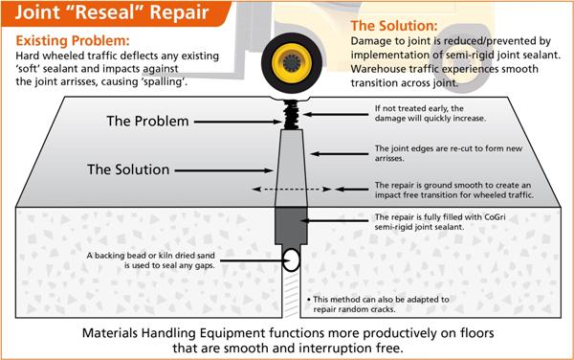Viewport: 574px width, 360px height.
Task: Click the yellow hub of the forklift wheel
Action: (x=292, y=62)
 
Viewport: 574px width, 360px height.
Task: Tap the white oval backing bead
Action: (x=292, y=260)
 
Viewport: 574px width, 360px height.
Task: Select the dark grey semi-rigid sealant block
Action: (x=291, y=226)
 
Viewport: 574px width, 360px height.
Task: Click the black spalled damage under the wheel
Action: (x=292, y=114)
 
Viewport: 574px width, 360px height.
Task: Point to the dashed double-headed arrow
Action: (x=292, y=190)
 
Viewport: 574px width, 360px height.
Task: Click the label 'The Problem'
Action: (x=147, y=122)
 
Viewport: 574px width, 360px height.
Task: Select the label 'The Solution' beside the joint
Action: (x=128, y=169)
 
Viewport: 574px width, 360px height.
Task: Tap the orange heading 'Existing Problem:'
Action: (x=73, y=40)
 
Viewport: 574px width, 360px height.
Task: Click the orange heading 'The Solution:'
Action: (x=394, y=26)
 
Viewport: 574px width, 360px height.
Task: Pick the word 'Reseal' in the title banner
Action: (x=105, y=12)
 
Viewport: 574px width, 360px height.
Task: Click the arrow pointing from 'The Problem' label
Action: (x=238, y=122)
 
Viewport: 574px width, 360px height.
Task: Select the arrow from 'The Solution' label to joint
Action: (x=224, y=170)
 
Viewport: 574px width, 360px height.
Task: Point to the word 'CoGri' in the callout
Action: (x=495, y=217)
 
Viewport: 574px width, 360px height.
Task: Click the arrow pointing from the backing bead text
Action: (x=254, y=260)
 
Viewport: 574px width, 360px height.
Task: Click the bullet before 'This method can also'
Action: (x=309, y=300)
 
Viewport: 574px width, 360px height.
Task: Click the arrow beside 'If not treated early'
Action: (x=336, y=114)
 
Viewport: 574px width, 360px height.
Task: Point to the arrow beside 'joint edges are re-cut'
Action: (x=340, y=154)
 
